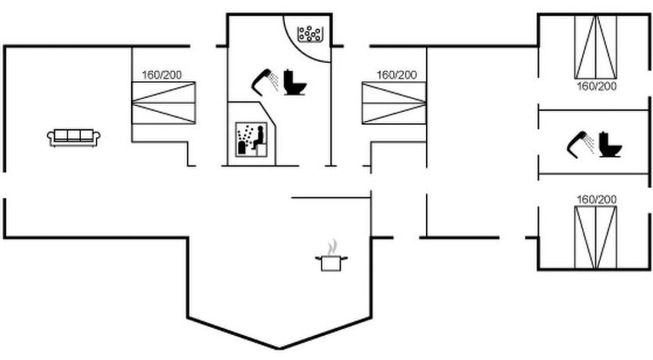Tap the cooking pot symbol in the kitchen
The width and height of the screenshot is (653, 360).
tap(330, 261)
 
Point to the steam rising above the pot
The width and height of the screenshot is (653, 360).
tap(334, 247)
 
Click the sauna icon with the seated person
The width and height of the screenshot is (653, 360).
tap(251, 139)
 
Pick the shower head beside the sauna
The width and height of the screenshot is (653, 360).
tap(265, 78)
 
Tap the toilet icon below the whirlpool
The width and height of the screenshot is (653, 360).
tap(295, 82)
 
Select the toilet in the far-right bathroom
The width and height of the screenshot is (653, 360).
tap(610, 145)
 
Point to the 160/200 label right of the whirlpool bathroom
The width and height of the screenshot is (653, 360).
tap(396, 75)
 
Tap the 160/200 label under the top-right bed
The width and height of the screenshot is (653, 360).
tap(596, 86)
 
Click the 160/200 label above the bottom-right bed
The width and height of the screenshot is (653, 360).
tap(596, 200)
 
